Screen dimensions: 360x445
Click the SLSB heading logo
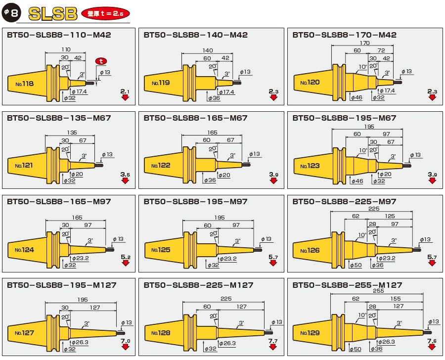[53, 13]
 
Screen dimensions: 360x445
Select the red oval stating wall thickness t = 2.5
[106, 13]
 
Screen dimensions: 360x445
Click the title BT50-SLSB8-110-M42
[59, 35]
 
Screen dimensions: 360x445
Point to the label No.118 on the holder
[24, 84]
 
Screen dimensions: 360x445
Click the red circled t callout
[101, 61]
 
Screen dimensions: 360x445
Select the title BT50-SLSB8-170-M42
[344, 35]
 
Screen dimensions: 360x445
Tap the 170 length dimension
[364, 44]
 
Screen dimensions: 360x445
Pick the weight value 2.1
[125, 91]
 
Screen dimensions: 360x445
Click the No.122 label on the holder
[161, 166]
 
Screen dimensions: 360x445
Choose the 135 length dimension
[72, 133]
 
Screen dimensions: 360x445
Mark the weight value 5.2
[125, 258]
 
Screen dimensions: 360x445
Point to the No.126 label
[310, 250]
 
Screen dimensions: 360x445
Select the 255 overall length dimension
[378, 292]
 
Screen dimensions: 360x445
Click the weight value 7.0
[125, 341]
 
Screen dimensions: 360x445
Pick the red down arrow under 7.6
[432, 348]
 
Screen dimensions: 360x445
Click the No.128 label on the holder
[161, 333]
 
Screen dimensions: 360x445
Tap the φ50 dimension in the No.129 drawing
[356, 349]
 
